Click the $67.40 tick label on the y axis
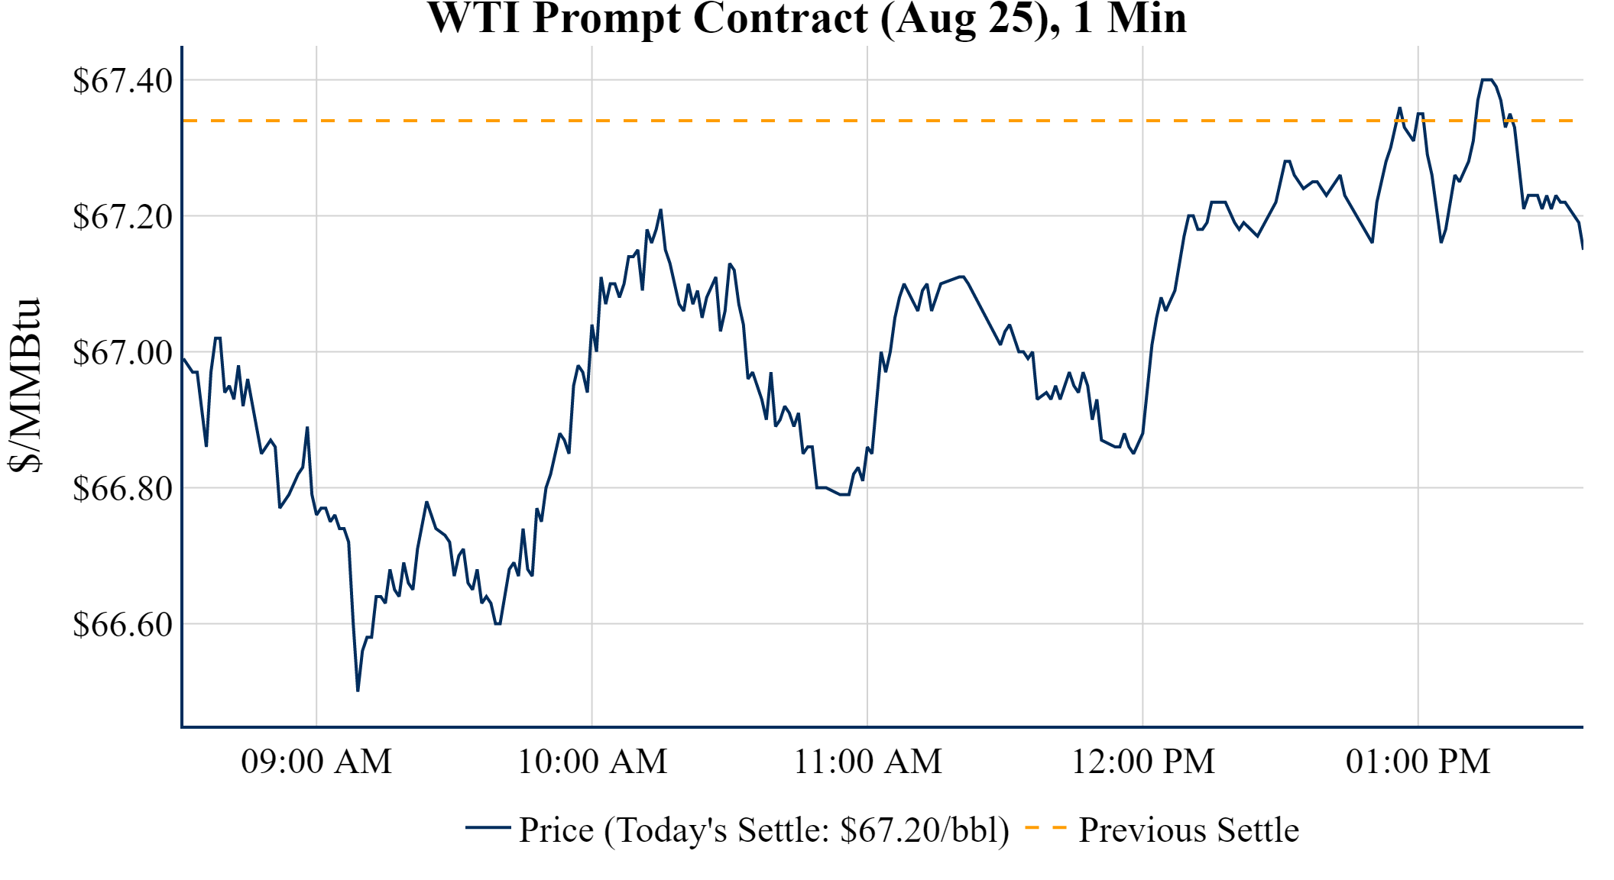pyautogui.click(x=122, y=81)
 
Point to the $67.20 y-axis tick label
pyautogui.click(x=122, y=217)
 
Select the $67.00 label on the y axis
pyautogui.click(x=122, y=353)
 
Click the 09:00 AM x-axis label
pyautogui.click(x=316, y=762)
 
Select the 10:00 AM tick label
pyautogui.click(x=592, y=762)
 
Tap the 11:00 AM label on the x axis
pyautogui.click(x=867, y=762)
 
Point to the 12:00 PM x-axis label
pyautogui.click(x=1142, y=762)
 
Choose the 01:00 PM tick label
pyautogui.click(x=1418, y=762)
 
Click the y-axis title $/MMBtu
pyautogui.click(x=24, y=385)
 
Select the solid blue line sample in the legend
pyautogui.click(x=488, y=827)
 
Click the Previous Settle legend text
pyautogui.click(x=1188, y=830)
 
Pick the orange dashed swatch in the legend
pyautogui.click(x=1045, y=827)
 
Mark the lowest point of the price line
pyautogui.click(x=358, y=691)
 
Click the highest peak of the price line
pyautogui.click(x=1487, y=79)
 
